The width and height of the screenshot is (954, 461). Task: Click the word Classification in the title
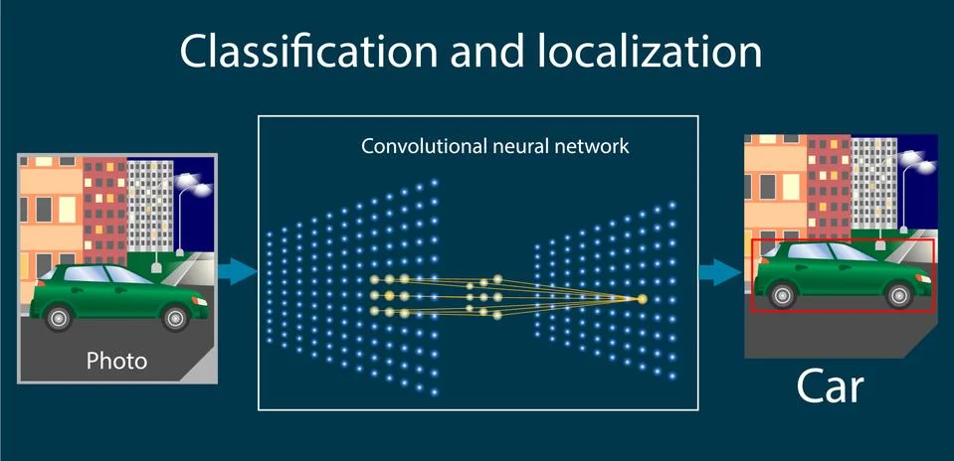point(302,51)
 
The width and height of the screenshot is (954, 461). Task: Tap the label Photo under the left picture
point(116,360)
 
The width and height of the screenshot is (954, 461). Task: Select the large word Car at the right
point(830,388)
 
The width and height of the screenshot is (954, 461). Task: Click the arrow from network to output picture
point(717,271)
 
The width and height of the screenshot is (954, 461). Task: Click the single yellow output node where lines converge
point(642,299)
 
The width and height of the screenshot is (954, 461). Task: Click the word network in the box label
point(597,146)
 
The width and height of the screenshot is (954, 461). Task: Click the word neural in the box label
point(522,146)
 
